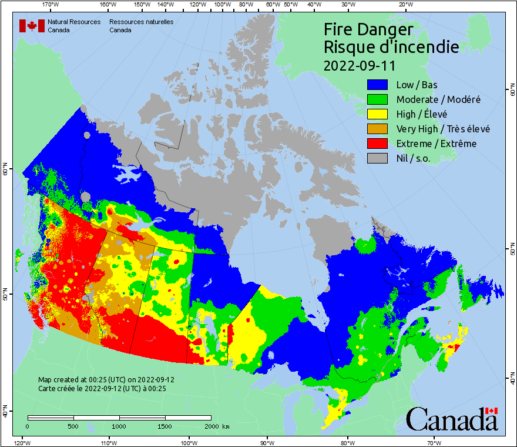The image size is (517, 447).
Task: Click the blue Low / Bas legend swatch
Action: click(379, 85)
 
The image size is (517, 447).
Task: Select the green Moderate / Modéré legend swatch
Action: click(379, 99)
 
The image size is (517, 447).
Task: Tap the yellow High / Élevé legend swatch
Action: click(379, 114)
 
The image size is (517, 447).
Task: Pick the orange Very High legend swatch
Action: click(379, 129)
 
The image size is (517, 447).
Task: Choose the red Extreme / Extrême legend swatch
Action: click(379, 144)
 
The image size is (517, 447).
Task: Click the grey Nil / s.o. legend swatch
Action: click(379, 158)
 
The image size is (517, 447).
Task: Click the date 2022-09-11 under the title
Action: click(360, 65)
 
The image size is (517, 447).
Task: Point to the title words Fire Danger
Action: click(368, 29)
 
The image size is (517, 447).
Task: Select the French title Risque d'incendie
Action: click(391, 47)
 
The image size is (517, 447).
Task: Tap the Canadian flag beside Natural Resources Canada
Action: click(32, 26)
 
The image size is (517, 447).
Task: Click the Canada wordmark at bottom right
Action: click(452, 419)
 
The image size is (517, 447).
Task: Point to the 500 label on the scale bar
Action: click(73, 426)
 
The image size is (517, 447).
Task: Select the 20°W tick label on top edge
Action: click(404, 5)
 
